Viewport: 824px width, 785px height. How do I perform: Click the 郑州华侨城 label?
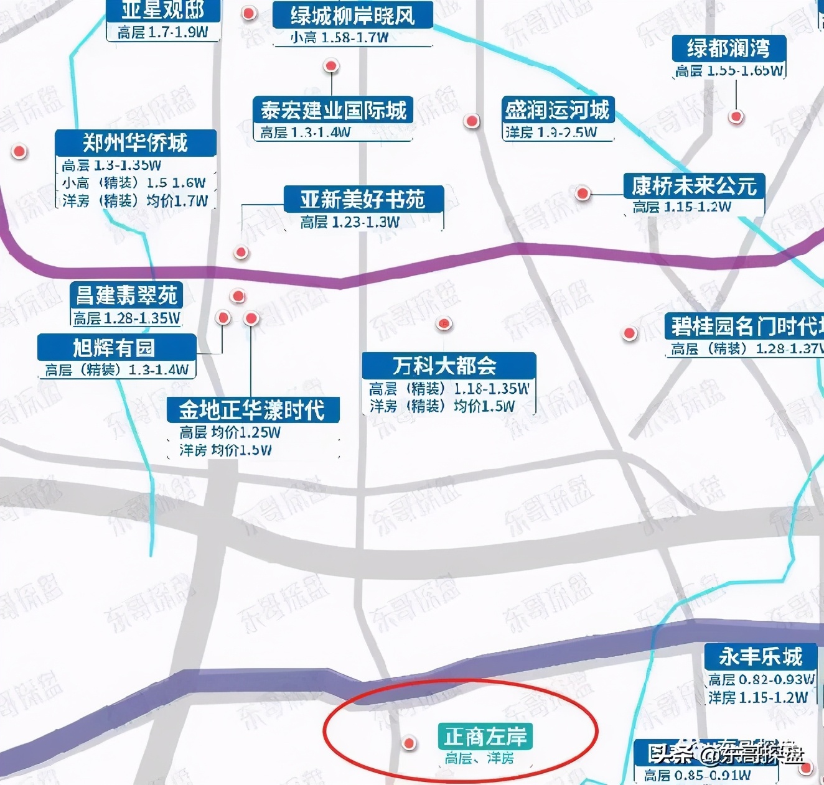[135, 143]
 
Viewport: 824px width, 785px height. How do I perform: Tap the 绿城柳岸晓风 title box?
[352, 16]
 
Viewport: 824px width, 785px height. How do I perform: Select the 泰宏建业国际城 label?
[332, 110]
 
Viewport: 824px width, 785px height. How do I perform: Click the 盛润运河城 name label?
[557, 110]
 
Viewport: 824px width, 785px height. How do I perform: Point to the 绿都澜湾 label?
[728, 49]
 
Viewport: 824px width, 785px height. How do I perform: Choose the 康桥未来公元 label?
[693, 185]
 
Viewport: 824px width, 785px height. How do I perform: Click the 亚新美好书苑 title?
[363, 199]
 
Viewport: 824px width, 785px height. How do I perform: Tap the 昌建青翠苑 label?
[126, 295]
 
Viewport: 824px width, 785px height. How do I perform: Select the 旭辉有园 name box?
[116, 347]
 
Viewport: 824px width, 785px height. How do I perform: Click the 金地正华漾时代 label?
[253, 410]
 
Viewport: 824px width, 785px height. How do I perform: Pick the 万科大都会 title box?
[448, 365]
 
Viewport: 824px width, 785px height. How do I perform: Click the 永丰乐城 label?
[760, 656]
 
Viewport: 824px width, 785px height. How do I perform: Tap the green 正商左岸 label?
[485, 736]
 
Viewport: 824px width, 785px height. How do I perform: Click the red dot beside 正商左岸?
[409, 743]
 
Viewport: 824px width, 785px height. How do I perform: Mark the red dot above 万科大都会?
[444, 323]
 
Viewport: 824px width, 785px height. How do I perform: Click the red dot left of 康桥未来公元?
[583, 193]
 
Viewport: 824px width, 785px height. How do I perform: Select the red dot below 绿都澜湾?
[736, 116]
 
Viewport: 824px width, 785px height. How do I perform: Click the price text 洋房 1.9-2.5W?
[550, 132]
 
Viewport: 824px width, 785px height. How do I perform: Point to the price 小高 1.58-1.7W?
[339, 38]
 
